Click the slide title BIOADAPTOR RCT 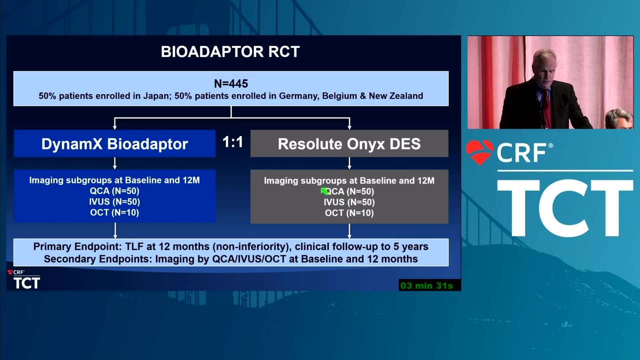tap(230, 51)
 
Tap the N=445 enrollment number tap(231, 83)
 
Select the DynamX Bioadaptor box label tap(114, 143)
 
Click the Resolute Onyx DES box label tap(349, 143)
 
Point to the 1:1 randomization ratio tap(233, 142)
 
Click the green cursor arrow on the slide tap(325, 191)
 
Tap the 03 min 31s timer tap(426, 285)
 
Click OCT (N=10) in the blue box tap(114, 212)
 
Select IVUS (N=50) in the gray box tap(349, 202)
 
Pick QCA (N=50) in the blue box tap(114, 191)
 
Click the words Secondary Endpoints tap(97, 259)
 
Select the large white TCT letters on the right tap(565, 208)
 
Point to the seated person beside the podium tap(619, 119)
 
